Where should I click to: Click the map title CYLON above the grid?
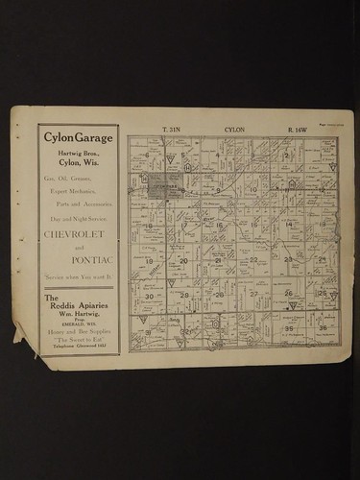point(234,129)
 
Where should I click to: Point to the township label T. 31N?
point(171,129)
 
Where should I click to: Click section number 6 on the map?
point(147,155)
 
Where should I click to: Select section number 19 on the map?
point(149,260)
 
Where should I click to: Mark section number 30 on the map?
point(149,296)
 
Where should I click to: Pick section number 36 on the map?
point(323,328)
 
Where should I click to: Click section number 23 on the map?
point(288,259)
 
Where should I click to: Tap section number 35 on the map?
point(288,328)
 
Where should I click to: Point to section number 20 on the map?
point(183,260)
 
